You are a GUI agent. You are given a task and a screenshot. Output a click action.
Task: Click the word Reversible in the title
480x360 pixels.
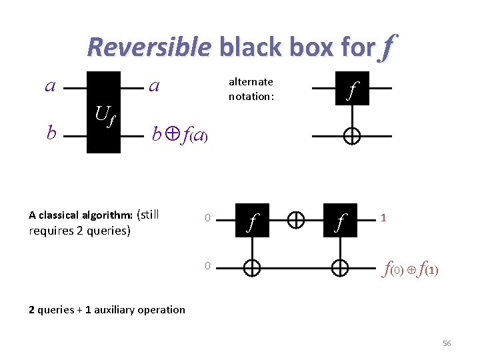[149, 47]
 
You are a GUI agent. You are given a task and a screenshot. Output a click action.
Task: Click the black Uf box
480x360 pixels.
[103, 112]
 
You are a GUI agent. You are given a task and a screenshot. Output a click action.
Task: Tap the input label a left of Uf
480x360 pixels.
[49, 86]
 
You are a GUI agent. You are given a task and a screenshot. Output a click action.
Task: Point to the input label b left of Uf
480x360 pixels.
[51, 133]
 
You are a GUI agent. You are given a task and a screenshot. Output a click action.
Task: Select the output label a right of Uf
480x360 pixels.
[154, 86]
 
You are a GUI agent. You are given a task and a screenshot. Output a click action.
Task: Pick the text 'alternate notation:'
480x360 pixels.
[251, 89]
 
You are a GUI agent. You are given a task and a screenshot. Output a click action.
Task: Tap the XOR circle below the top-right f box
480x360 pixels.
[352, 136]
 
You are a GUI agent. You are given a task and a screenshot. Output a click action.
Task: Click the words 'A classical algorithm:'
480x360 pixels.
[81, 215]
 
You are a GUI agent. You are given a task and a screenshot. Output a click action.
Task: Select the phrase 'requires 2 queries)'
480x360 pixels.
[80, 231]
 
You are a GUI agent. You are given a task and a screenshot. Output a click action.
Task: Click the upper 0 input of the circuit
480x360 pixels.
[207, 218]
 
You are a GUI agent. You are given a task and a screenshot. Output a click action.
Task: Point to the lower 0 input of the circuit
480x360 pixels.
[207, 266]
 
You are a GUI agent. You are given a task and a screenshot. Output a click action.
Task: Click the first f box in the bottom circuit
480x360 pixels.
[251, 219]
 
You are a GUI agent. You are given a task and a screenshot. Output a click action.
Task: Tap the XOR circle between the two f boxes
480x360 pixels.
[296, 219]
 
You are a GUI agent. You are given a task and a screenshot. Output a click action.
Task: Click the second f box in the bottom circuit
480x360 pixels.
[340, 219]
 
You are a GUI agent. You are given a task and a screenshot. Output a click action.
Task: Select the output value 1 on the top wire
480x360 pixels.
[384, 217]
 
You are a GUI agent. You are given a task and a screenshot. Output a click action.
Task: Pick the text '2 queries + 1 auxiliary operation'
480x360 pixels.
[107, 309]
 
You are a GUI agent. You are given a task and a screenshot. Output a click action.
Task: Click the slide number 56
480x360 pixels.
[447, 343]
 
